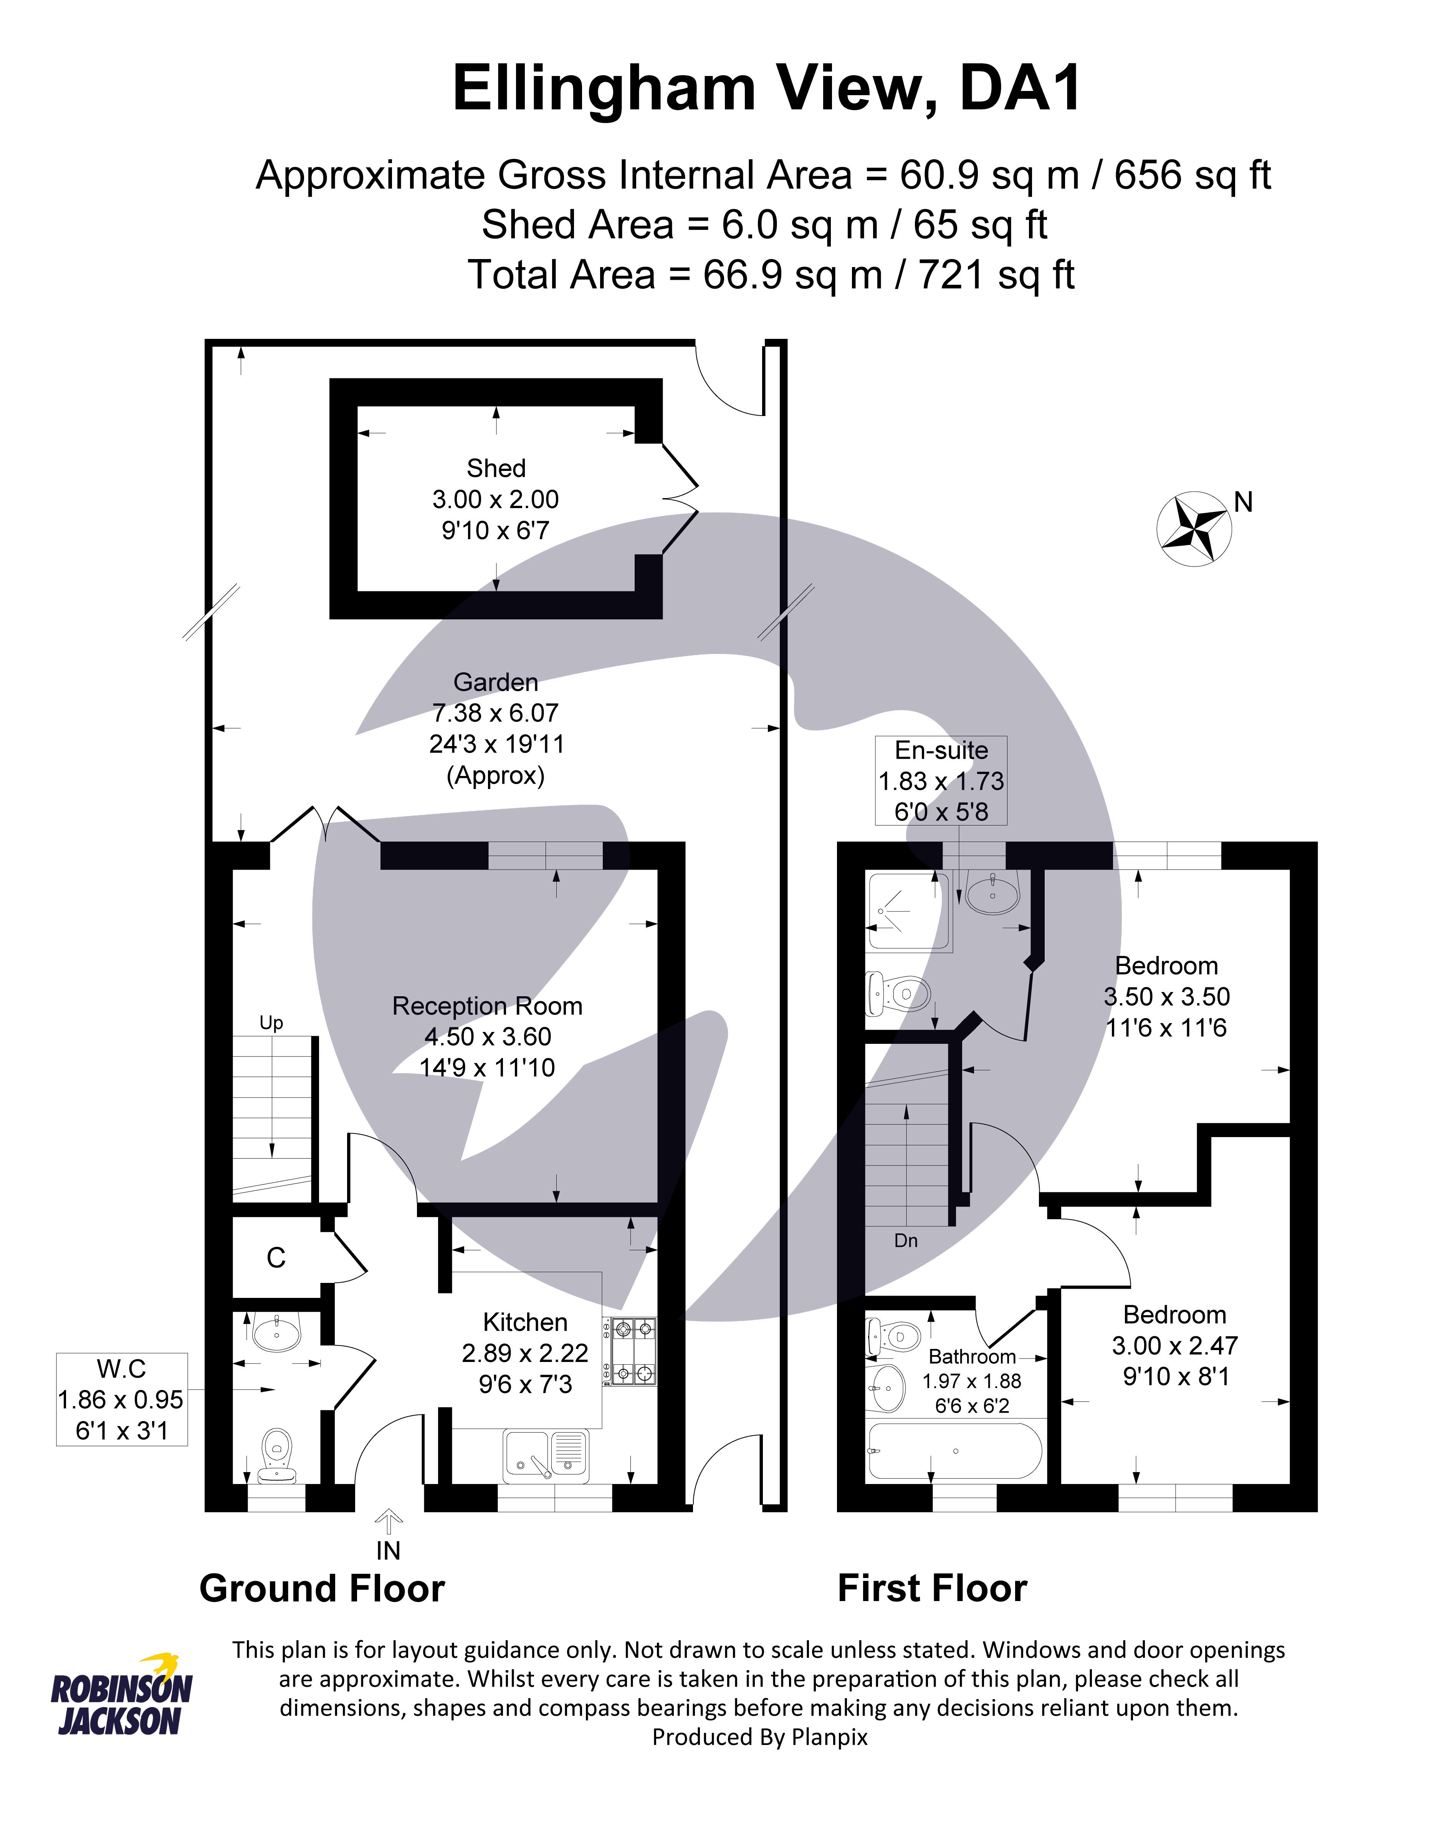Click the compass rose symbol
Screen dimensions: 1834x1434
click(x=1194, y=528)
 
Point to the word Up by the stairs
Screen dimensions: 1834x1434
click(x=271, y=1023)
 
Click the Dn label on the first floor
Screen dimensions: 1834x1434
click(x=906, y=1240)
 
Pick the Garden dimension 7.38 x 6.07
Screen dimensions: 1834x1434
click(x=496, y=713)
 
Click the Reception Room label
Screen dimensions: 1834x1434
click(x=487, y=1006)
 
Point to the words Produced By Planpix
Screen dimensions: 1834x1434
click(x=759, y=1737)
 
